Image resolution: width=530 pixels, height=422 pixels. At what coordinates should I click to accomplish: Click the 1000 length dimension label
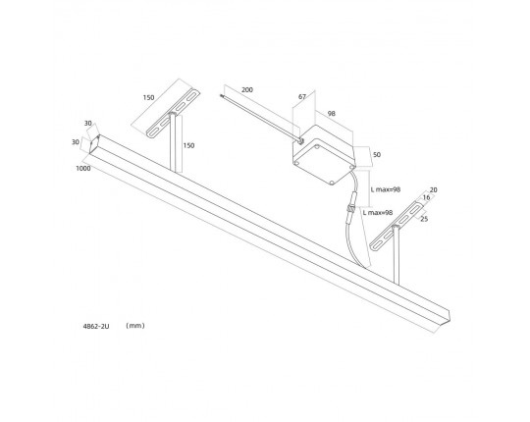click(x=83, y=168)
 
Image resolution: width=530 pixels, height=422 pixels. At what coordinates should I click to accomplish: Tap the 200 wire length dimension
click(x=246, y=90)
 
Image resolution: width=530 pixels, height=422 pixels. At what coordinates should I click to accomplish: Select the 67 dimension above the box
click(x=302, y=96)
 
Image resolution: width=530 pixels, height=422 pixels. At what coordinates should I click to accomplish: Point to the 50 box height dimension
click(x=376, y=154)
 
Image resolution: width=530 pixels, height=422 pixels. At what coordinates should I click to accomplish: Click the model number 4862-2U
click(x=96, y=326)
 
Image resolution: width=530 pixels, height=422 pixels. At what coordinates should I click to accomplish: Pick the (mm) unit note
click(x=135, y=326)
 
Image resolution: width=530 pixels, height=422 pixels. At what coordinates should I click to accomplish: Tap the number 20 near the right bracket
click(x=433, y=190)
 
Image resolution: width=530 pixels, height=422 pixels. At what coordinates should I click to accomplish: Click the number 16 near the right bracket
click(x=426, y=197)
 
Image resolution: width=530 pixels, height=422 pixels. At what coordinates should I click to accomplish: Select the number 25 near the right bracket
click(x=424, y=219)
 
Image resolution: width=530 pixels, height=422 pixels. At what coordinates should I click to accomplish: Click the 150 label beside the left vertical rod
click(x=188, y=145)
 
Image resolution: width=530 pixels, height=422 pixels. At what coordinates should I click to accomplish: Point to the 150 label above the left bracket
click(x=148, y=97)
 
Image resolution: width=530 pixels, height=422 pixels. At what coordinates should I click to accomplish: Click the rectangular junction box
click(x=323, y=154)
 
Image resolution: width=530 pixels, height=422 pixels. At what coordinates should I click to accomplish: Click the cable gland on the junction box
click(x=299, y=139)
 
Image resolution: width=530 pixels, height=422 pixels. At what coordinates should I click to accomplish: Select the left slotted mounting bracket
click(x=174, y=114)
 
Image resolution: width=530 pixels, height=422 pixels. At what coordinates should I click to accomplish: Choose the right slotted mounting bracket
click(x=397, y=226)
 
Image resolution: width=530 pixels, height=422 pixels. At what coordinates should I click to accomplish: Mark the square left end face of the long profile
click(x=94, y=143)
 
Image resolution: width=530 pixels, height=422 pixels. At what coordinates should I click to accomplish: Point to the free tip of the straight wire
click(x=221, y=95)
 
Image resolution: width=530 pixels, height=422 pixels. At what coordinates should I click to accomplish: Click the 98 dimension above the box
click(x=332, y=114)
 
